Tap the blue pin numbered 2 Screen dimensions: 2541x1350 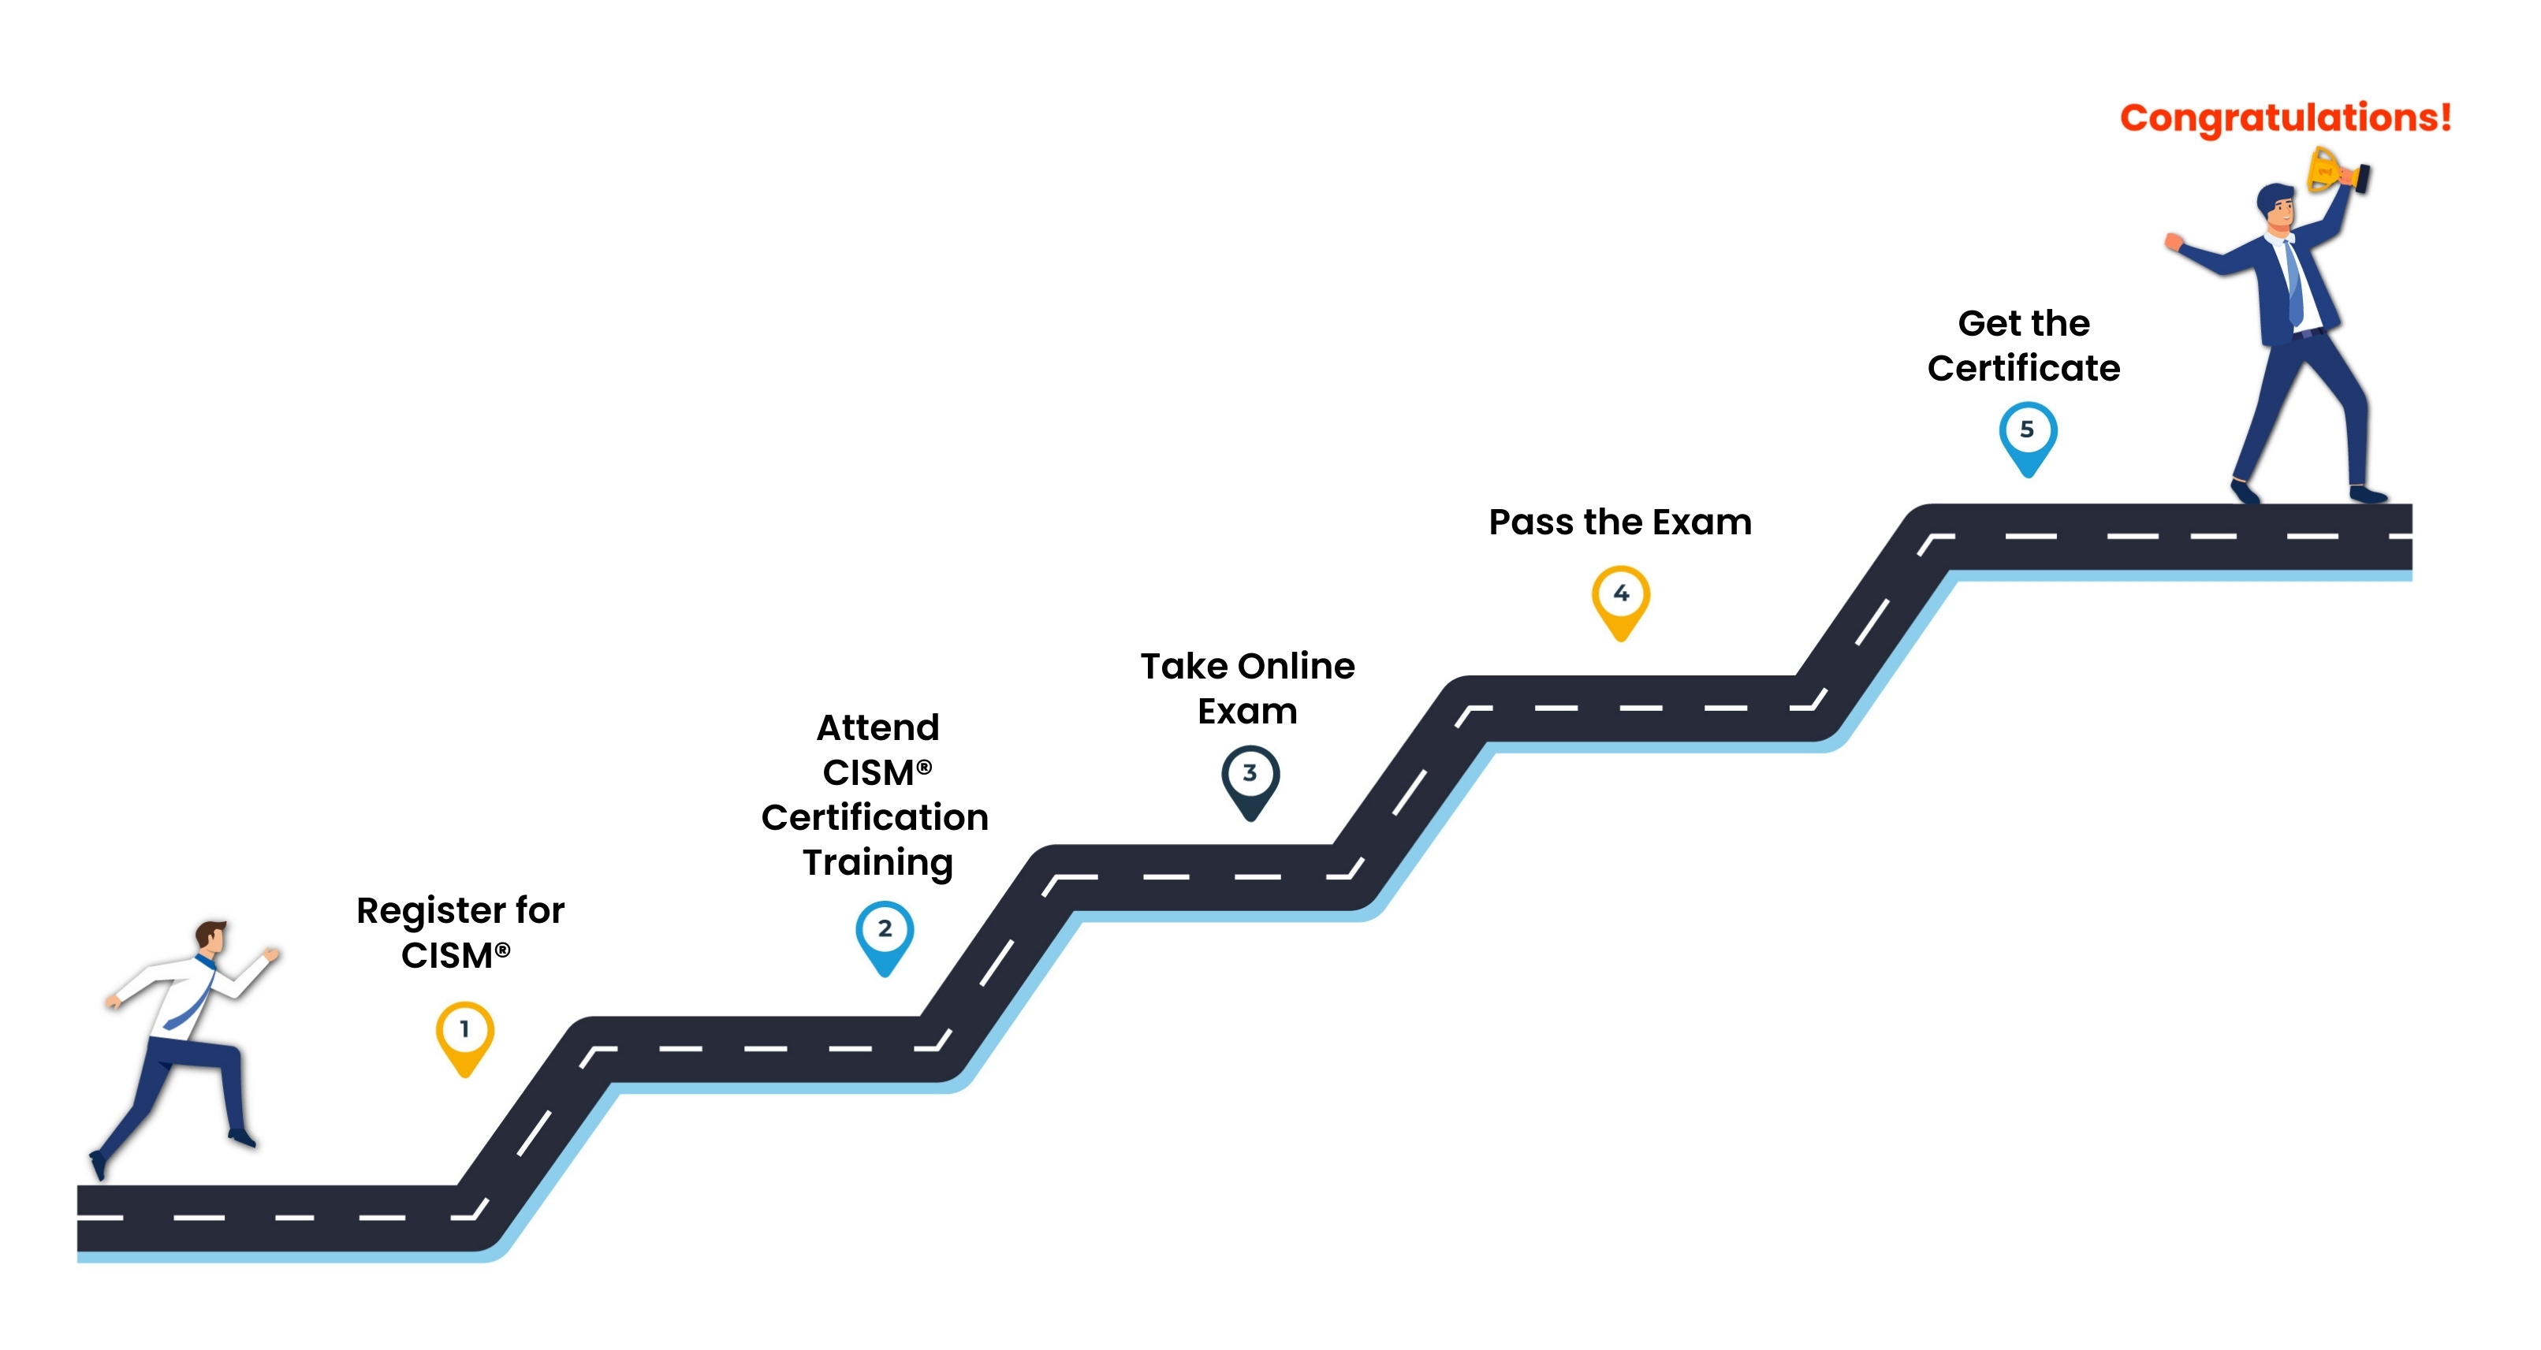[885, 938]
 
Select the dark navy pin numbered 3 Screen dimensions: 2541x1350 [1250, 782]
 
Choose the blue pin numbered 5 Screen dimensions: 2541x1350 [2028, 439]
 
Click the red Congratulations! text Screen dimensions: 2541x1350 [2286, 117]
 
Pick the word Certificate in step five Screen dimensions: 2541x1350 [2024, 368]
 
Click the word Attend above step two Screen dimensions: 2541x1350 [878, 727]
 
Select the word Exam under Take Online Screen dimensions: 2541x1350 [1248, 711]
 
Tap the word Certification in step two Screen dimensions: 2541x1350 [875, 817]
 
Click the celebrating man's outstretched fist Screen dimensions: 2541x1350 [2174, 240]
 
